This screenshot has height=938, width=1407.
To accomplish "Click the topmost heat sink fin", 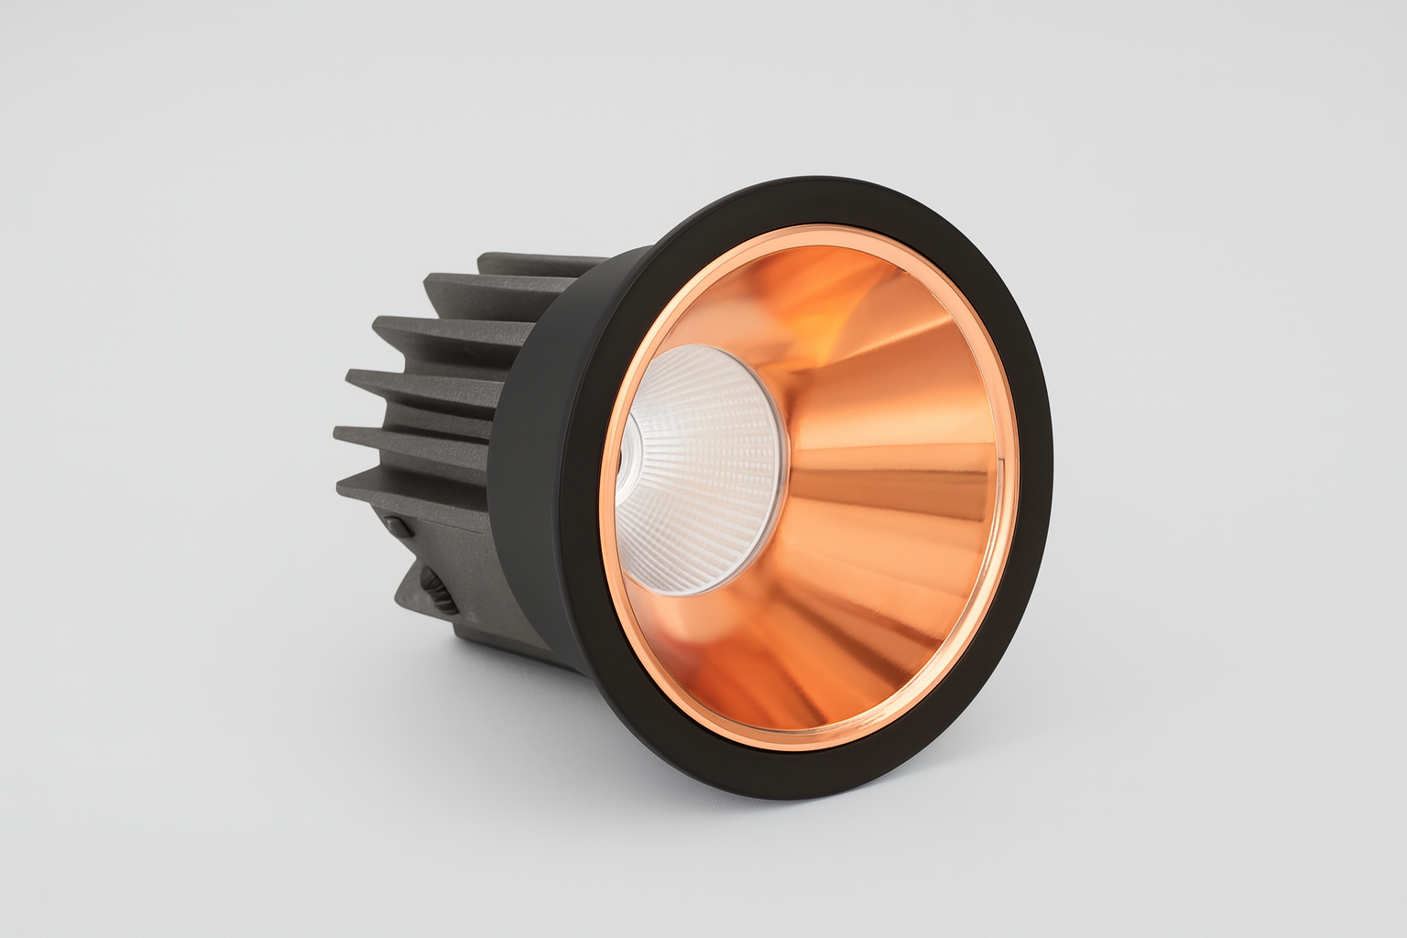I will (531, 266).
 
